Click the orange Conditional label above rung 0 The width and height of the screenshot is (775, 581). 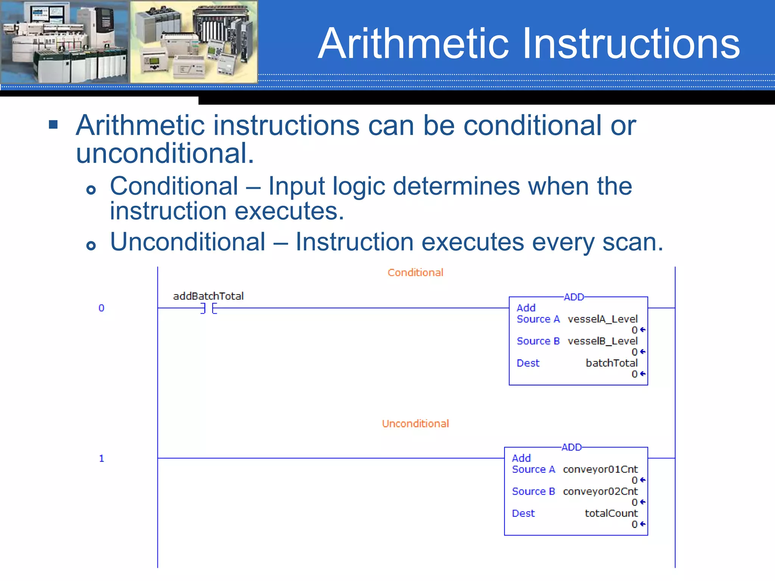pos(415,273)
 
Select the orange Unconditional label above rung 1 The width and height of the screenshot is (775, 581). pos(415,424)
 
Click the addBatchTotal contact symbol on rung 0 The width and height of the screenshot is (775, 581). pos(209,309)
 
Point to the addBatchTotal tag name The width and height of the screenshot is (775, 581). pos(208,296)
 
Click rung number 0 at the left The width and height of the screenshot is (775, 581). pos(101,308)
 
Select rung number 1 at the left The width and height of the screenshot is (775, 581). pos(101,458)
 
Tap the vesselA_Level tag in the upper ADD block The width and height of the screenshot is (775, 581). pos(602,319)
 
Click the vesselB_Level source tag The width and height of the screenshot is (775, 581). pos(602,341)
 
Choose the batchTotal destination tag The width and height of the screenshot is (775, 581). pos(612,363)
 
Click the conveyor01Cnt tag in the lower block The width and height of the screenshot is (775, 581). pos(600,469)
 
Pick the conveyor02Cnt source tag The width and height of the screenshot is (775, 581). pos(600,491)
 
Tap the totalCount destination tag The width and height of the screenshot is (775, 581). pos(611,513)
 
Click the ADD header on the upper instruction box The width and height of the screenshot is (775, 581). pos(574,297)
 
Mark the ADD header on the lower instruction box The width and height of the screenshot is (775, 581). pos(571,447)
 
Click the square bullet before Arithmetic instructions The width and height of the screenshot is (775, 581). pos(53,125)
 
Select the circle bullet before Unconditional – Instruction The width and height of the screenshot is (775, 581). pos(91,246)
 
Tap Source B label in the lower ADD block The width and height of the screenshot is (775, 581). pos(533,491)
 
